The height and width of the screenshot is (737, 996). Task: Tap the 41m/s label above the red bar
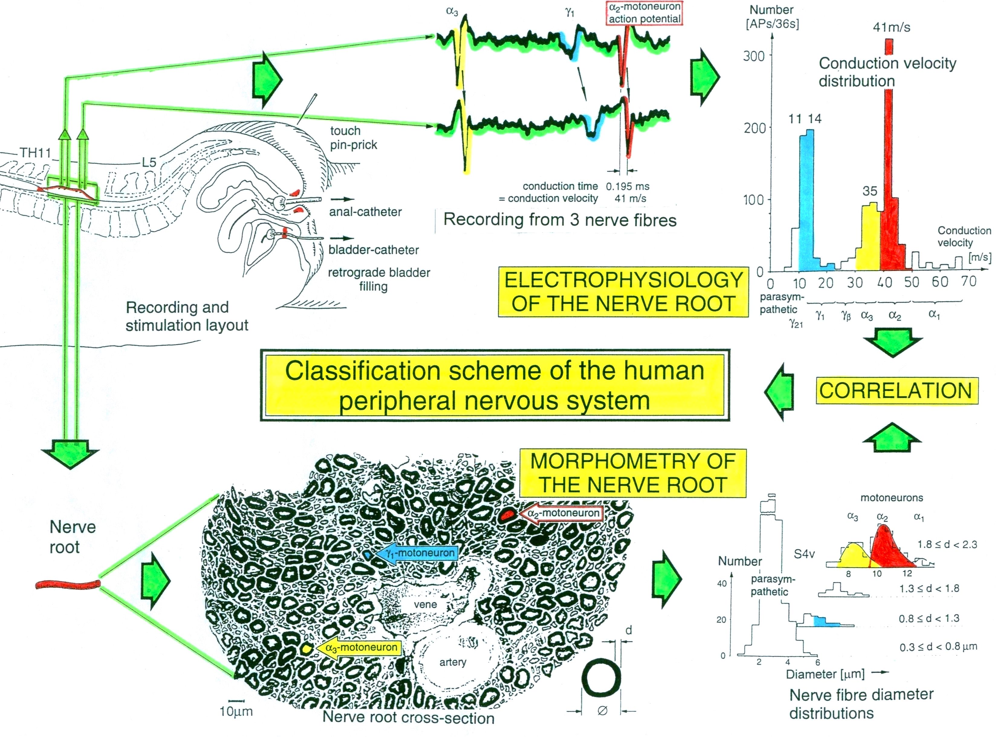coord(891,27)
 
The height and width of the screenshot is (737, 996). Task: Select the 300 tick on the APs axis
coord(754,56)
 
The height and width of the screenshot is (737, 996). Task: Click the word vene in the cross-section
coord(425,605)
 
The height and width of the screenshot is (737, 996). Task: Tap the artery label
coord(453,662)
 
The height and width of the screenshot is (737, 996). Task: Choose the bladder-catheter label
coord(373,250)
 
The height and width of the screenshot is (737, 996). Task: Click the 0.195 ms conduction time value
coord(627,187)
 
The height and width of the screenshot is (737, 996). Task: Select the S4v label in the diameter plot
coord(804,554)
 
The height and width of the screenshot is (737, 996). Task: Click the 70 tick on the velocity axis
coord(968,282)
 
